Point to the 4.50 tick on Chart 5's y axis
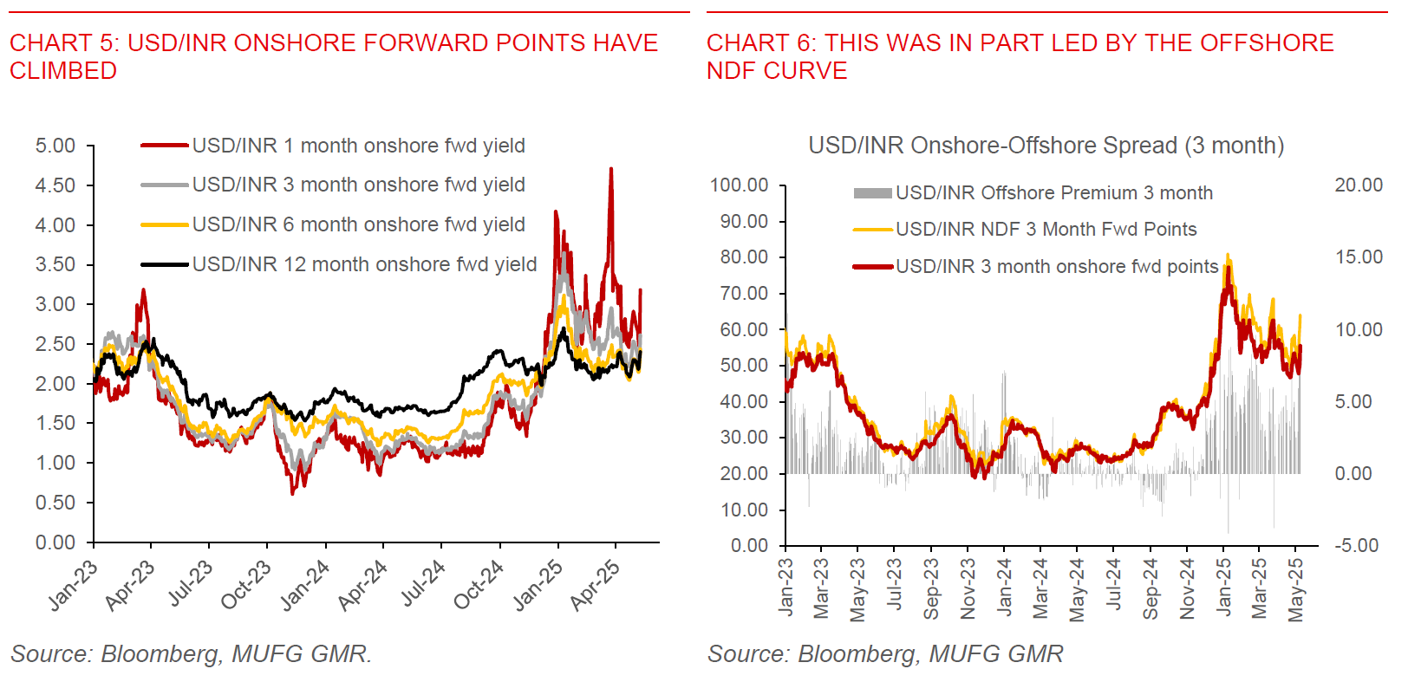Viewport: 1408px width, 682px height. pos(55,185)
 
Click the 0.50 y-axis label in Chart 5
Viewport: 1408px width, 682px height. pos(55,503)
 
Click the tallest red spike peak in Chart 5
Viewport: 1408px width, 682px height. pos(611,170)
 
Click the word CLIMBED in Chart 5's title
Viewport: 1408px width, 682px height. pos(63,71)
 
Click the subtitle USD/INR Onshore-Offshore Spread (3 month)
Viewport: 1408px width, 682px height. pos(1046,146)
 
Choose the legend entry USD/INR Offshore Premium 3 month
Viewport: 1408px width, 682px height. pos(1053,193)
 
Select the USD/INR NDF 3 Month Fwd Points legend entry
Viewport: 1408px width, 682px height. pos(1046,230)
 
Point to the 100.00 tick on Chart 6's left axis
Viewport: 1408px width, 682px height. pos(740,185)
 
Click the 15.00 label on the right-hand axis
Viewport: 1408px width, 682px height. pos(1359,257)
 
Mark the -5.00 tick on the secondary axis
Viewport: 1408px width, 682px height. pos(1356,546)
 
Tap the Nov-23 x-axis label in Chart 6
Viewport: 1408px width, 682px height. pos(968,588)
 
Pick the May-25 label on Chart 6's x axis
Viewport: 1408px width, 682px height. pos(1296,589)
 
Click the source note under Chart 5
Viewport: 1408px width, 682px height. pos(191,654)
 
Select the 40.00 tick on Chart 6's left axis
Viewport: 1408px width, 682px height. pos(744,401)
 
